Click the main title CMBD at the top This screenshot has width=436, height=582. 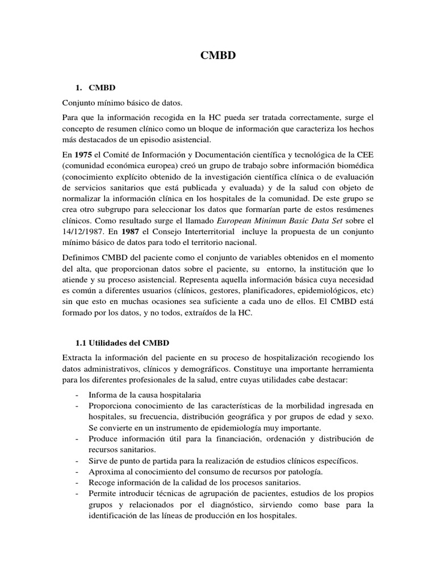click(218, 56)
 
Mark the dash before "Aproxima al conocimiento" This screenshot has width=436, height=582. click(77, 472)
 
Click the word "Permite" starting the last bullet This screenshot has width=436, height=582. click(103, 494)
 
